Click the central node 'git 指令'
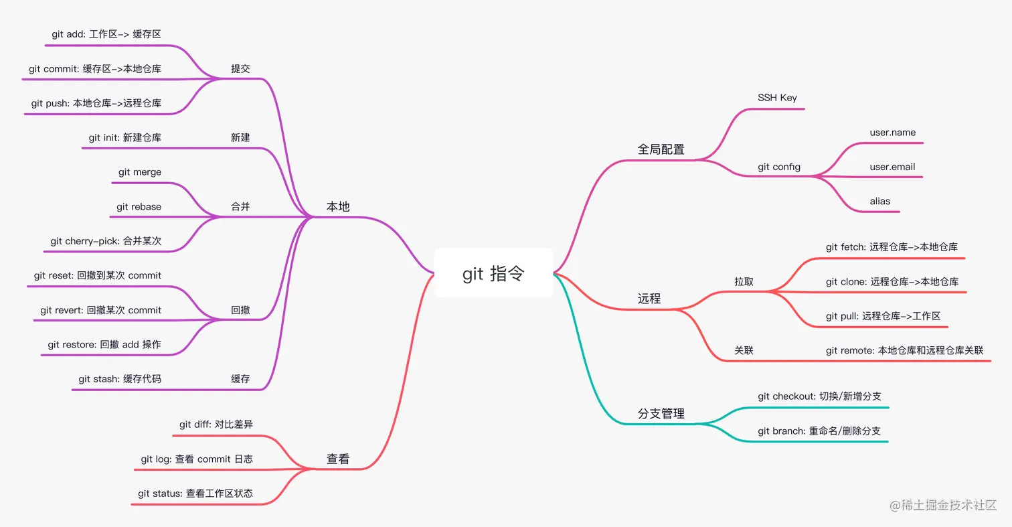(x=493, y=273)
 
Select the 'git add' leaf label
(x=106, y=33)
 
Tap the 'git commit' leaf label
(x=94, y=68)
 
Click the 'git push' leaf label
(x=96, y=103)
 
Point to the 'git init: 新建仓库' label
(x=124, y=137)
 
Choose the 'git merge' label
(x=140, y=172)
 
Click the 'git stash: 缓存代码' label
(x=120, y=379)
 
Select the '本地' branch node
(x=338, y=207)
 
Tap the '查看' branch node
(x=338, y=459)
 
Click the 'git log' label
(x=197, y=459)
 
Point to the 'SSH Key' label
(x=777, y=98)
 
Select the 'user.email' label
(x=892, y=167)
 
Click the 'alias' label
(x=880, y=201)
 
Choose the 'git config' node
(x=779, y=167)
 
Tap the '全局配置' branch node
(x=661, y=149)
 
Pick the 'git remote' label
(x=904, y=350)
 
